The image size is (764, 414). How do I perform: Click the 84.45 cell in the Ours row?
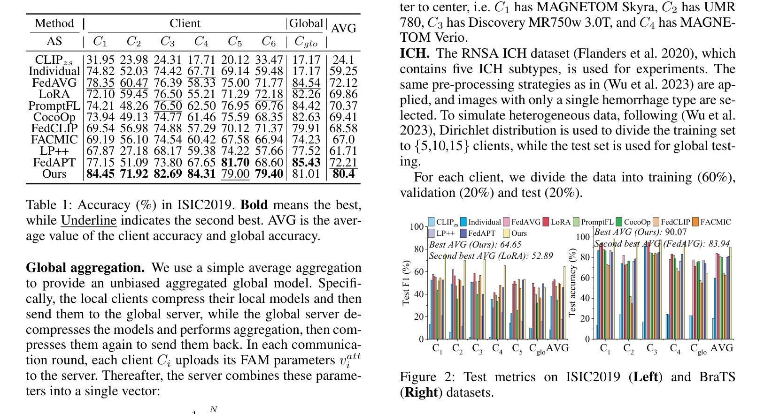[100, 174]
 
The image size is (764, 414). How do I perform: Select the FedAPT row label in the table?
[54, 163]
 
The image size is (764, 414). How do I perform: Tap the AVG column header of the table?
[343, 29]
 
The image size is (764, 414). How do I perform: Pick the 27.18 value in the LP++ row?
[134, 151]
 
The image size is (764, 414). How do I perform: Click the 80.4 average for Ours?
[343, 174]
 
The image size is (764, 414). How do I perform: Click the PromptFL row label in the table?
[54, 106]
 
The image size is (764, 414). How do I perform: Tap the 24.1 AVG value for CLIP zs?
[343, 60]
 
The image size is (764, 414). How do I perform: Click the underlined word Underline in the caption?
[89, 220]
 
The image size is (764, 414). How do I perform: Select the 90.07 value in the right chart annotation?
[676, 232]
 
